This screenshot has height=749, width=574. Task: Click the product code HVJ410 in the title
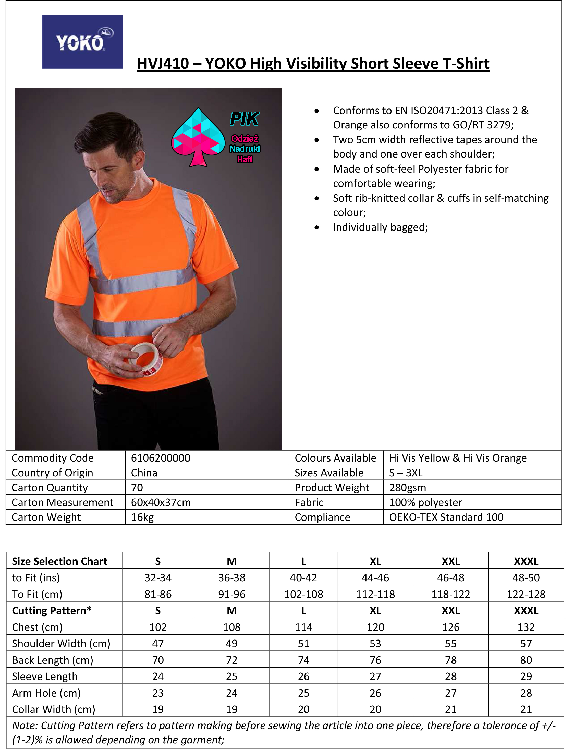(163, 64)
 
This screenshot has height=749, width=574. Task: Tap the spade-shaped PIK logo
(198, 137)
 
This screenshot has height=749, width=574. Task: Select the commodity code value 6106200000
(161, 458)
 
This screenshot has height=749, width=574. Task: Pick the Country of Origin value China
(144, 473)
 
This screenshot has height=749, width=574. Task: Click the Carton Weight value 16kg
(142, 517)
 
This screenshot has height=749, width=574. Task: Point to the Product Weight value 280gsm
(408, 488)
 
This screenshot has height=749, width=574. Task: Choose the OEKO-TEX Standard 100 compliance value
(446, 517)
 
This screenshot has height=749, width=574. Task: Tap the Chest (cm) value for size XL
(375, 627)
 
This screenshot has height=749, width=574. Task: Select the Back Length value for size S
(158, 660)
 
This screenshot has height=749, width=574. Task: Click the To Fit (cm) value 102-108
(303, 594)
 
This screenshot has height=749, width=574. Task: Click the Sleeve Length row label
(45, 676)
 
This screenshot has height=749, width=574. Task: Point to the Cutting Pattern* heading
(52, 611)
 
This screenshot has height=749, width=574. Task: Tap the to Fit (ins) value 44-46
(375, 578)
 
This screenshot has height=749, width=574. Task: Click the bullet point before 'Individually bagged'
(317, 227)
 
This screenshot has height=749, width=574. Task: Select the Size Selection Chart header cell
(59, 561)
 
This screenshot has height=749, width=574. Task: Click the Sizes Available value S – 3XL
(406, 473)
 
